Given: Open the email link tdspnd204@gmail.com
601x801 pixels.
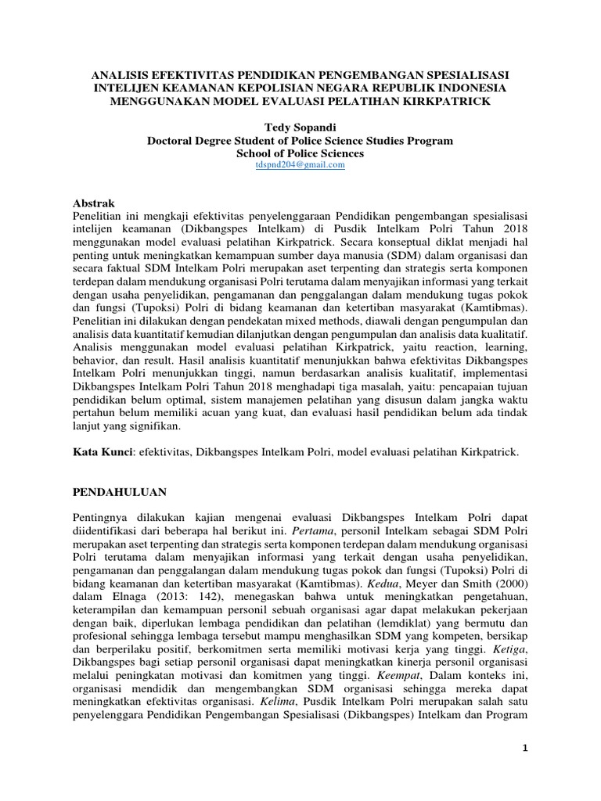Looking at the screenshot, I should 300,165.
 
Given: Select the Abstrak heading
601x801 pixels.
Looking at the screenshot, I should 93,202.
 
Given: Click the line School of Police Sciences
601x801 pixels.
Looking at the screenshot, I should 300,153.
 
